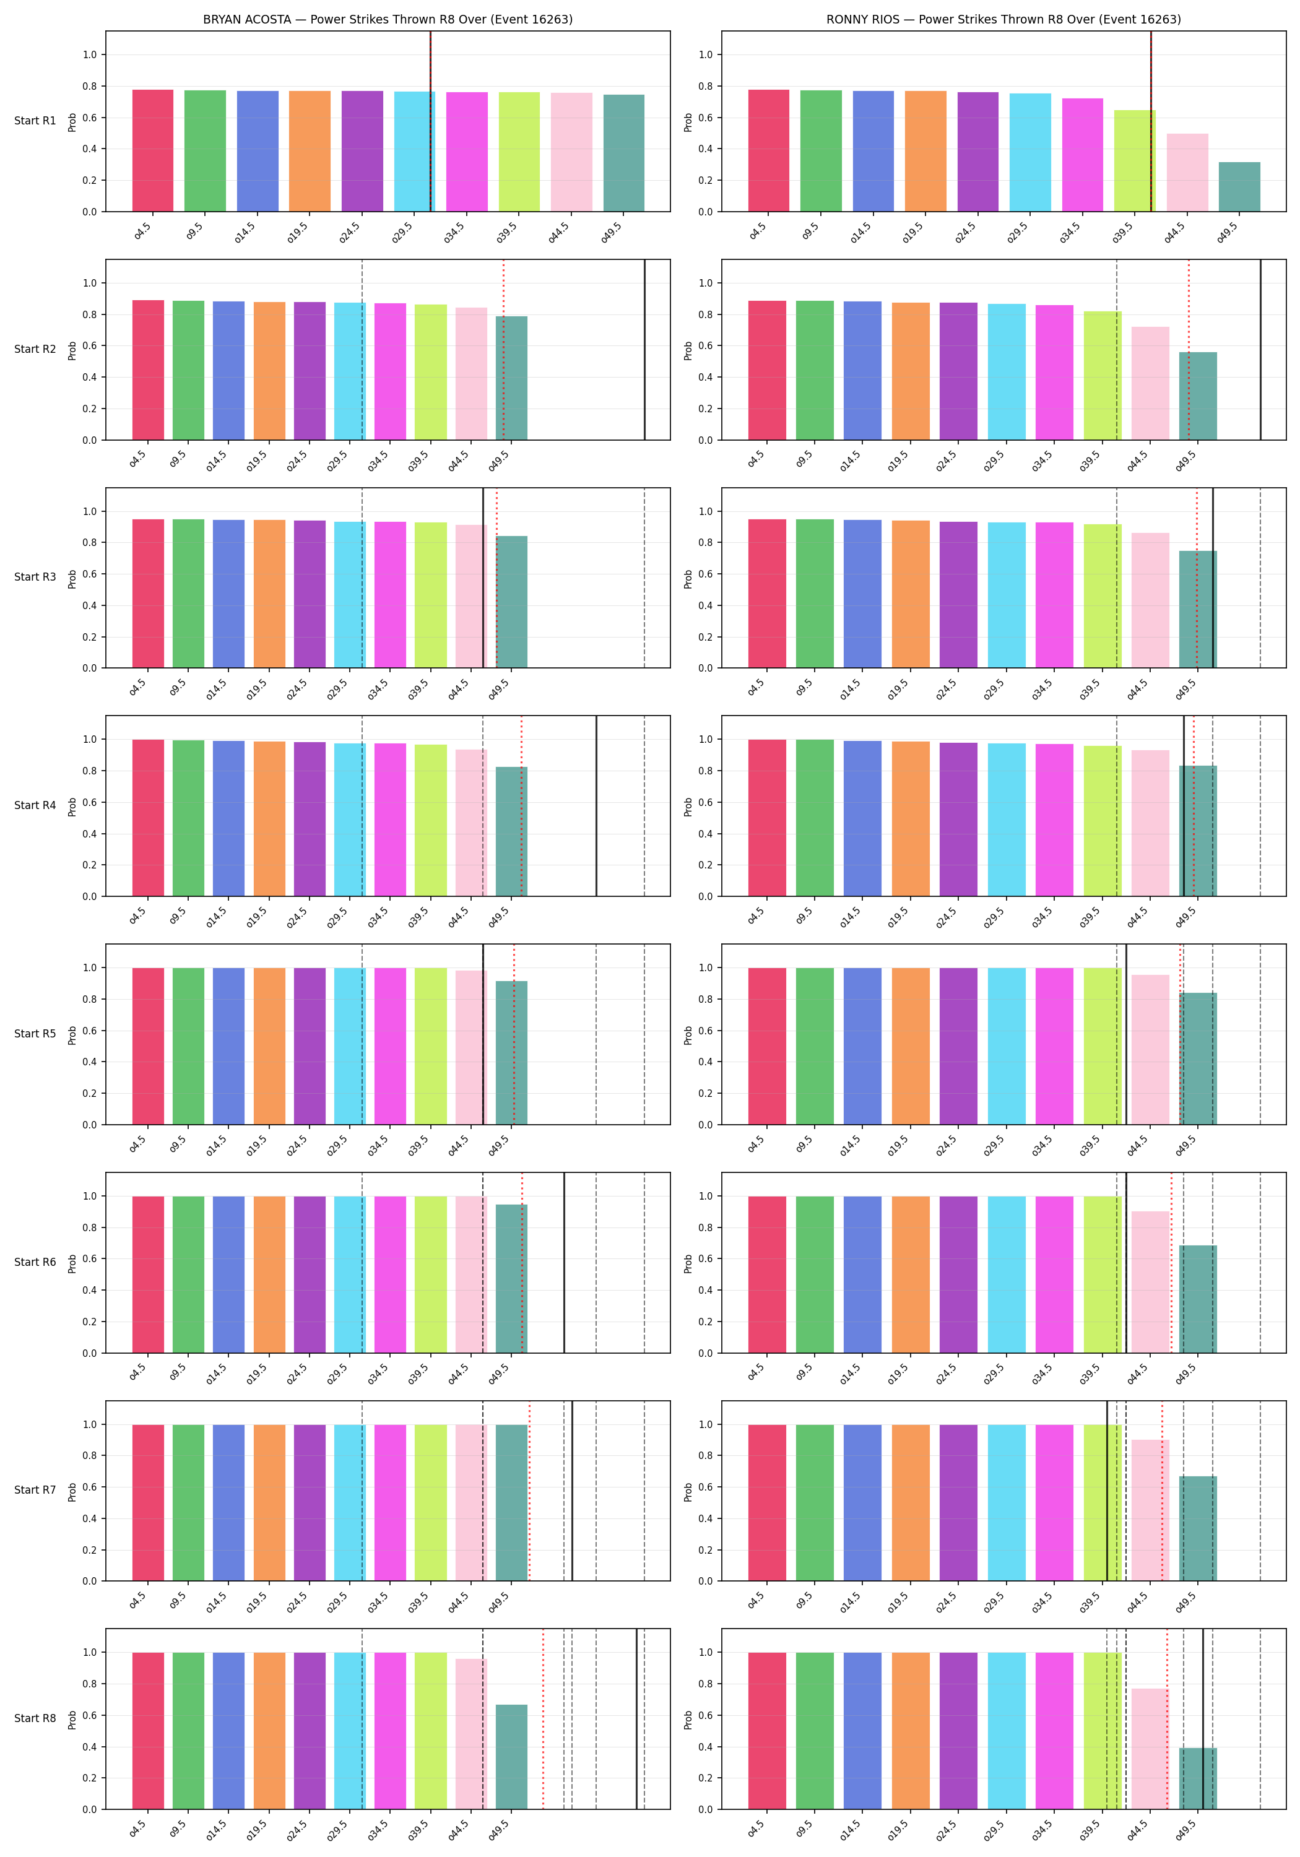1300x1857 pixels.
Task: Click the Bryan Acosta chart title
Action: tap(388, 19)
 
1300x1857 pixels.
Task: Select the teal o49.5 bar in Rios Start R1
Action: tap(1239, 187)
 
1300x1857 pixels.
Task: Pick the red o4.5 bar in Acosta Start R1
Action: tap(153, 151)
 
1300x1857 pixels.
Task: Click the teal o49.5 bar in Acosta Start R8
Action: tap(511, 1757)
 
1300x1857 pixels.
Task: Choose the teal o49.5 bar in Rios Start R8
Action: tap(1198, 1778)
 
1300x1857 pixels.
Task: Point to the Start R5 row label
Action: tap(35, 1034)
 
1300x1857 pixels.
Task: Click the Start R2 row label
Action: tap(35, 349)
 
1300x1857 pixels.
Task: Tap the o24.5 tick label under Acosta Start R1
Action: tap(350, 232)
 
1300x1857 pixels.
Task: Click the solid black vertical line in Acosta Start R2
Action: tap(645, 349)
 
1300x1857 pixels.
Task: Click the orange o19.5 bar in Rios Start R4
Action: tap(911, 820)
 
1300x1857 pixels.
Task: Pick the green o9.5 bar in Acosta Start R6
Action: tap(188, 1275)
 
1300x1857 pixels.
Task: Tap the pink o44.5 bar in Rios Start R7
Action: tap(1150, 1510)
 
